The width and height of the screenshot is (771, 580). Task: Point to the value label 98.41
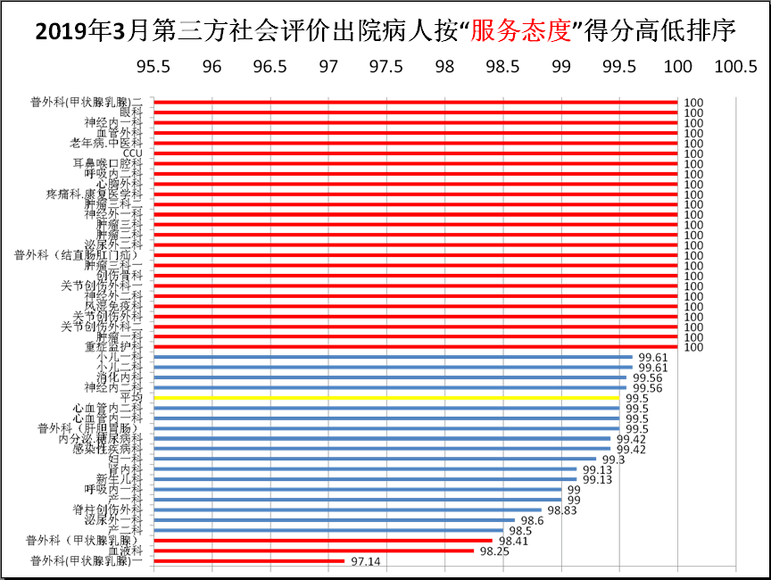coord(512,541)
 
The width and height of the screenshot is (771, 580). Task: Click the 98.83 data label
coord(561,510)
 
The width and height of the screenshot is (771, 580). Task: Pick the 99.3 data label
coord(613,459)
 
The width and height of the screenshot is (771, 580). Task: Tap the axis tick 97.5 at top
coord(386,68)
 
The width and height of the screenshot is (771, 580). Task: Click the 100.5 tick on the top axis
coord(735,68)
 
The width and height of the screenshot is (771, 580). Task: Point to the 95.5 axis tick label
coord(153,68)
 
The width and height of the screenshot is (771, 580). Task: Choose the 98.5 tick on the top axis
coord(502,68)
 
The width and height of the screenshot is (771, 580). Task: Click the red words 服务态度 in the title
coord(519,30)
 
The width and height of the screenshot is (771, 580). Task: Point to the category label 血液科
coord(125,551)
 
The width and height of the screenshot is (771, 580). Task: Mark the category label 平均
coord(131,397)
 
